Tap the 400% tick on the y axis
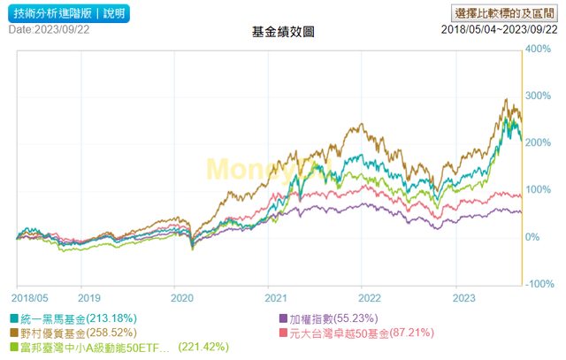539,49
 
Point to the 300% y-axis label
539,96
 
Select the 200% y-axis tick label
539,142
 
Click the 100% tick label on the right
539,189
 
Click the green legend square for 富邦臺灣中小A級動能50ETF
15,349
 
